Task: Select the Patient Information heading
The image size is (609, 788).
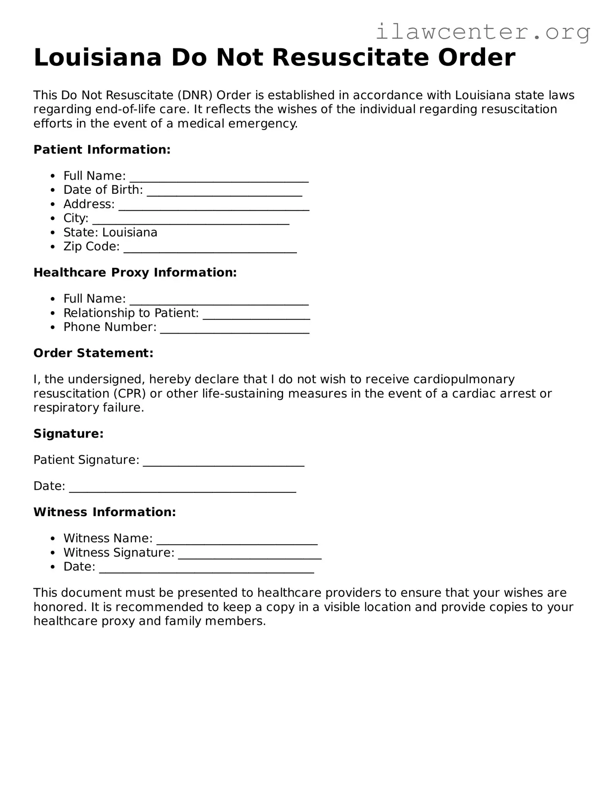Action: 102,150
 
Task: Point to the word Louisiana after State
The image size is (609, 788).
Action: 129,233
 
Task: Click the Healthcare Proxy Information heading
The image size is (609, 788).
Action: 135,273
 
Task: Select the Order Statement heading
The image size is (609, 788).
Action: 93,353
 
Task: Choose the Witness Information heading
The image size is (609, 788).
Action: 104,512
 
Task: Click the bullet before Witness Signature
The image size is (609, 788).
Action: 53,553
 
